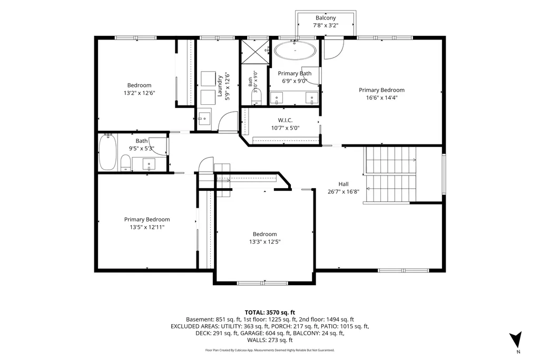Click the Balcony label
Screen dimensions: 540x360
(x=326, y=18)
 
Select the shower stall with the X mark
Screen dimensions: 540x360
(x=255, y=52)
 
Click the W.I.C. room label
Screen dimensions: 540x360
(x=285, y=120)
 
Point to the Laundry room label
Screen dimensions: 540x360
(x=219, y=86)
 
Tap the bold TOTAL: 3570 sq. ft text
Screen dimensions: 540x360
(x=270, y=313)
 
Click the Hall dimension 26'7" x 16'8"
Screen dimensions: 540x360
(x=343, y=191)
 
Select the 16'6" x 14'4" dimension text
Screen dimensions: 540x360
(x=381, y=98)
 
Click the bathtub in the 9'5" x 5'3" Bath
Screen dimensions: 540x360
(x=108, y=152)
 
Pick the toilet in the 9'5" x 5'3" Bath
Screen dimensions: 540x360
(x=125, y=163)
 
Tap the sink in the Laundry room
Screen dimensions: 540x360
(x=204, y=119)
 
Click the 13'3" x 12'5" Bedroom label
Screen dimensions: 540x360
(x=264, y=234)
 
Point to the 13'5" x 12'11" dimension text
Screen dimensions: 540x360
(x=147, y=227)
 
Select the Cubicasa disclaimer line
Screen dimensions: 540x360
(x=270, y=351)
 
